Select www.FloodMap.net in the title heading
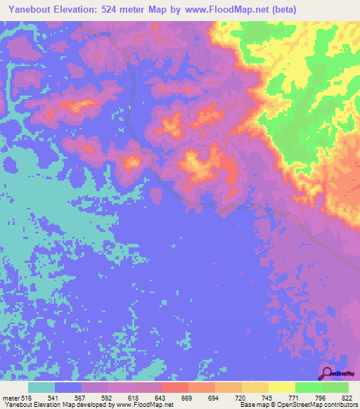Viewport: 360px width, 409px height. (221, 10)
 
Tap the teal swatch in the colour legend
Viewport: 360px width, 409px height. (41, 388)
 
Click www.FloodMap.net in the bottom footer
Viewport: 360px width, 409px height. (143, 404)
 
